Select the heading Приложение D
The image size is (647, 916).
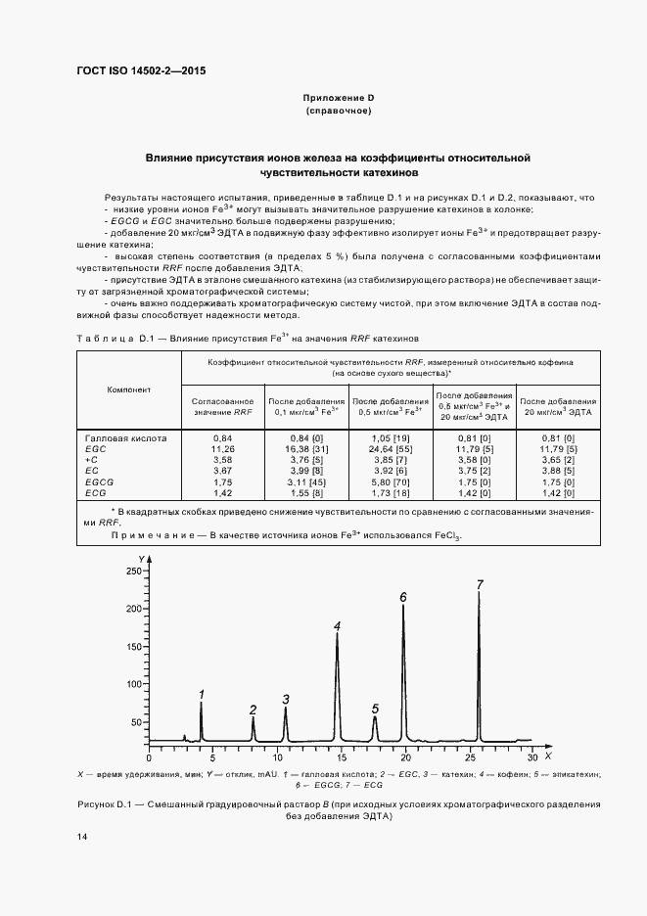tap(338, 100)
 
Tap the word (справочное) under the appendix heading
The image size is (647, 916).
tap(338, 114)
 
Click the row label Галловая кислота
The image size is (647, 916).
tap(126, 438)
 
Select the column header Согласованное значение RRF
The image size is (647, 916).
tap(223, 406)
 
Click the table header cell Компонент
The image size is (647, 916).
tap(129, 389)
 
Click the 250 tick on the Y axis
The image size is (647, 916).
tap(134, 571)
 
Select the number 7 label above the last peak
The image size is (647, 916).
tap(480, 585)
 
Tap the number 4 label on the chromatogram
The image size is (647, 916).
tap(337, 626)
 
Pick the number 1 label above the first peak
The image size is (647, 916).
tap(201, 695)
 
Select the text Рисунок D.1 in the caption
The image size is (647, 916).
tap(105, 803)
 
